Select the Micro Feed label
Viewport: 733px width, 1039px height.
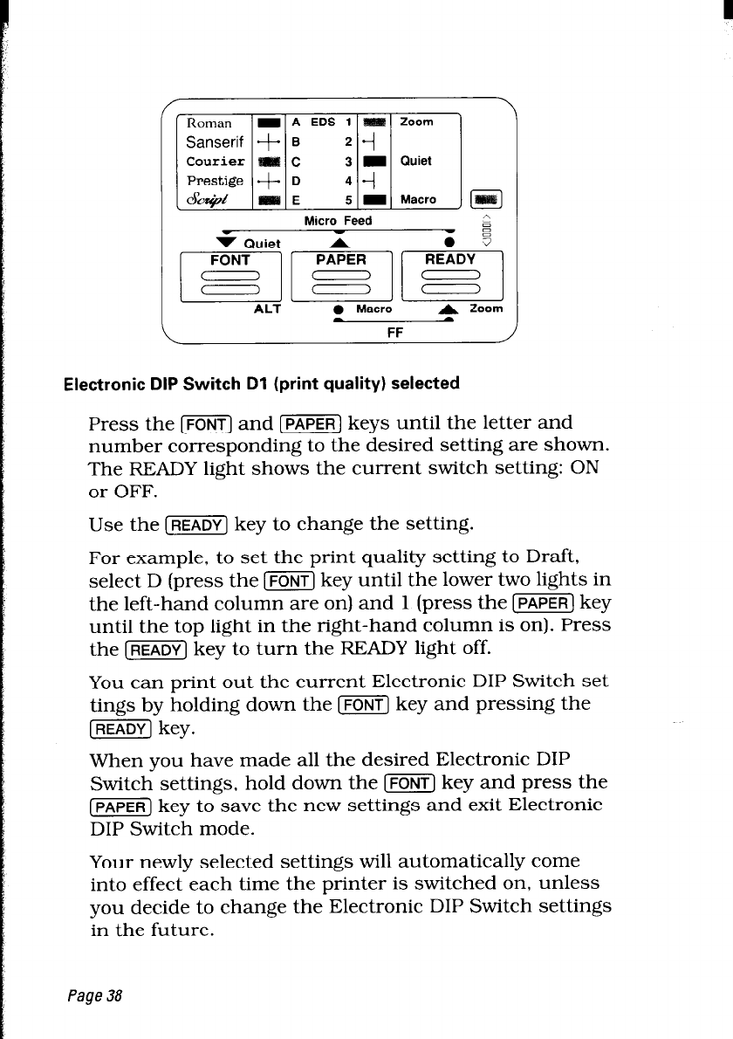coord(338,220)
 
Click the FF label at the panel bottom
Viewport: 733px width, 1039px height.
coord(394,332)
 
